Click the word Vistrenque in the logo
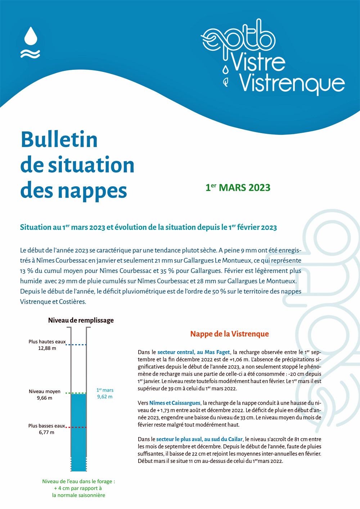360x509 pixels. pos(292,83)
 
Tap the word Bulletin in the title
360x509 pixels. pos(59,140)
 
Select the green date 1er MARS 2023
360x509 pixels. pos(238,187)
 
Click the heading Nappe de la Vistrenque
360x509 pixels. pos(229,334)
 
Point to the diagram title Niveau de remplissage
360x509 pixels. pos(81,320)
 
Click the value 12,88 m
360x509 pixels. pos(47,348)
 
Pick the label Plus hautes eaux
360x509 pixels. pos(47,341)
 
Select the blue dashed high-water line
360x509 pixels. pos(76,345)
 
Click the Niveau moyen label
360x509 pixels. pos(45,391)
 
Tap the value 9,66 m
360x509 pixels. pos(45,398)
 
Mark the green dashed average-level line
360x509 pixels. pos(76,393)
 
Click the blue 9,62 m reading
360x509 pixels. pos(105,397)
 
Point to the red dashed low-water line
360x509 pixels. pos(76,427)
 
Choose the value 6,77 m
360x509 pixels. pos(46,432)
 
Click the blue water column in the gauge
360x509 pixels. pos(78,432)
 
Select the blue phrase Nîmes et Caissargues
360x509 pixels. pos(175,403)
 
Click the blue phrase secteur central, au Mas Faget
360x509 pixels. pos(193,352)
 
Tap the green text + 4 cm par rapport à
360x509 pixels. pos(78,488)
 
